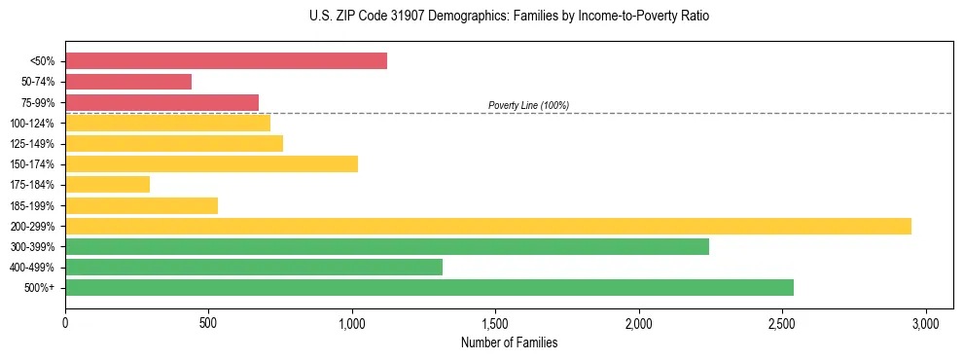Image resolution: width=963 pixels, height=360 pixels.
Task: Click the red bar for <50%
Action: point(226,61)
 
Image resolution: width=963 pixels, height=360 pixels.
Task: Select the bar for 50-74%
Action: point(128,82)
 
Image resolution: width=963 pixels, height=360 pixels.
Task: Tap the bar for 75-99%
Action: point(161,102)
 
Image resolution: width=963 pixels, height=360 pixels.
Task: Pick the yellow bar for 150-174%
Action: point(211,163)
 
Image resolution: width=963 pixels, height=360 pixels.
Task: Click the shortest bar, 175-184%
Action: point(107,184)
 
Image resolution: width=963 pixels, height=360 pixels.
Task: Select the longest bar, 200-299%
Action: point(488,226)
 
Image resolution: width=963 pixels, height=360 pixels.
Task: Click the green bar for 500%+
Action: point(429,287)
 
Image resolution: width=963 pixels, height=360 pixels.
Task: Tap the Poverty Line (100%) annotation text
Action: point(528,105)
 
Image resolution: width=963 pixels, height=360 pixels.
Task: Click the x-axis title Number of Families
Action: point(509,342)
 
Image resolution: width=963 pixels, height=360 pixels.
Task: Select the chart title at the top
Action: point(481,17)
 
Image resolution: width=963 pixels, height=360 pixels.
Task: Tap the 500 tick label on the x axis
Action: point(208,322)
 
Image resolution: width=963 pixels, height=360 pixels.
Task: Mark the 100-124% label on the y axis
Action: point(32,124)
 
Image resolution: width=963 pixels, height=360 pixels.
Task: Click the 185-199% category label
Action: point(32,205)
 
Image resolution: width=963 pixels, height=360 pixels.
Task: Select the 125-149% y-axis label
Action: point(32,144)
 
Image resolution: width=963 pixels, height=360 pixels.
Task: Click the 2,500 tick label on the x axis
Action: point(782,322)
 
